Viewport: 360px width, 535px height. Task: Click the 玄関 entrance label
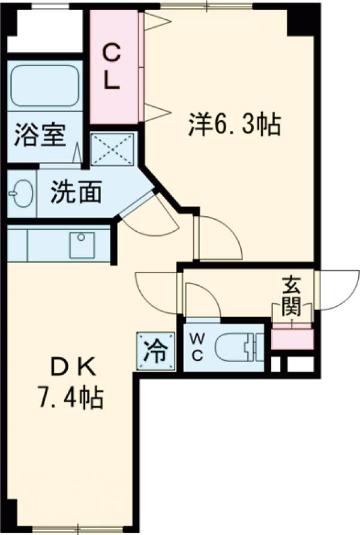pos(292,298)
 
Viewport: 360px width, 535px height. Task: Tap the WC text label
pos(196,346)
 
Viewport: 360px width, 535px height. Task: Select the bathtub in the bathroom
pos(45,84)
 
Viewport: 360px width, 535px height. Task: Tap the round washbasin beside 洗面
pos(22,195)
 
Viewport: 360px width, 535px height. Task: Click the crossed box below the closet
pos(113,148)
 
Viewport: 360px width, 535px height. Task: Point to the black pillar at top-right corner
pos(303,18)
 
